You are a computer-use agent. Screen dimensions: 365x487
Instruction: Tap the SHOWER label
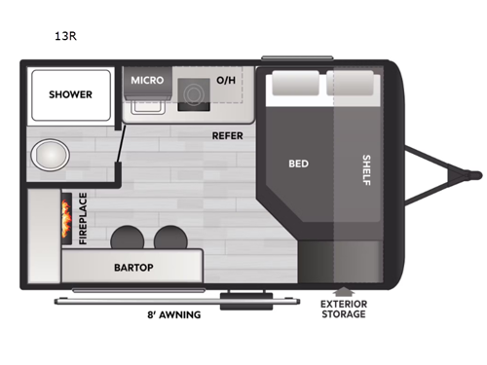pyautogui.click(x=70, y=94)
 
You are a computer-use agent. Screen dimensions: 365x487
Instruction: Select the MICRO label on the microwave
pyautogui.click(x=148, y=80)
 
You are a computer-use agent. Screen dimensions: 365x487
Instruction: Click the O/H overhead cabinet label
pyautogui.click(x=226, y=80)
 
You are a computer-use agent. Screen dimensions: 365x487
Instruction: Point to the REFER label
pyautogui.click(x=227, y=135)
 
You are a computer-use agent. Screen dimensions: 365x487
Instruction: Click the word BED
pyautogui.click(x=298, y=164)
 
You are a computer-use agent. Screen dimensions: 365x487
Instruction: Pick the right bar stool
pyautogui.click(x=169, y=237)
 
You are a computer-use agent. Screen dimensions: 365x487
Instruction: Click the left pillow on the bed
pyautogui.click(x=289, y=85)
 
